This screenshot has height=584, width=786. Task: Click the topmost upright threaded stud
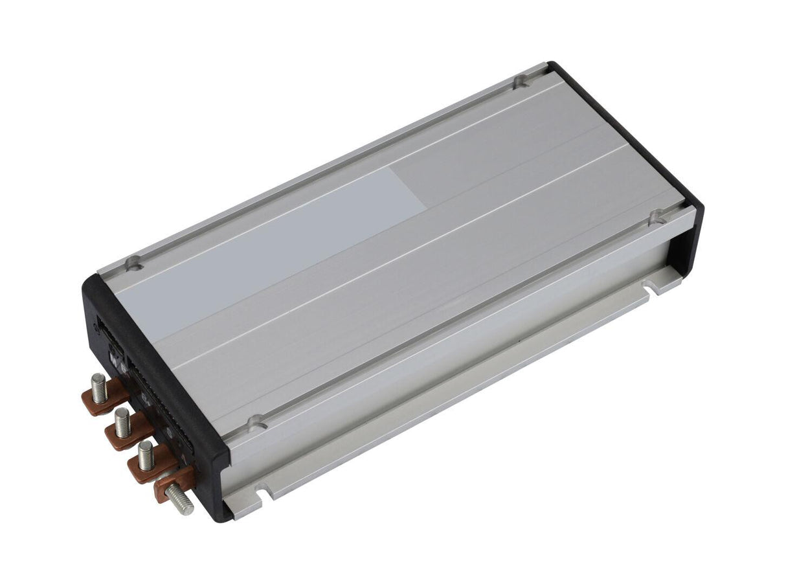99,388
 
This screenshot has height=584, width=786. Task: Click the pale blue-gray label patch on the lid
272,253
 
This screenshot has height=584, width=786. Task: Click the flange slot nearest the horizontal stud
262,493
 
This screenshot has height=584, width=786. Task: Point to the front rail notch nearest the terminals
258,423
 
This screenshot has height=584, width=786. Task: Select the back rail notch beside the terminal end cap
135,262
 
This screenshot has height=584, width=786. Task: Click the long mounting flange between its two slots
453,395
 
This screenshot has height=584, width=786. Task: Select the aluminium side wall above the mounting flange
453,343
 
